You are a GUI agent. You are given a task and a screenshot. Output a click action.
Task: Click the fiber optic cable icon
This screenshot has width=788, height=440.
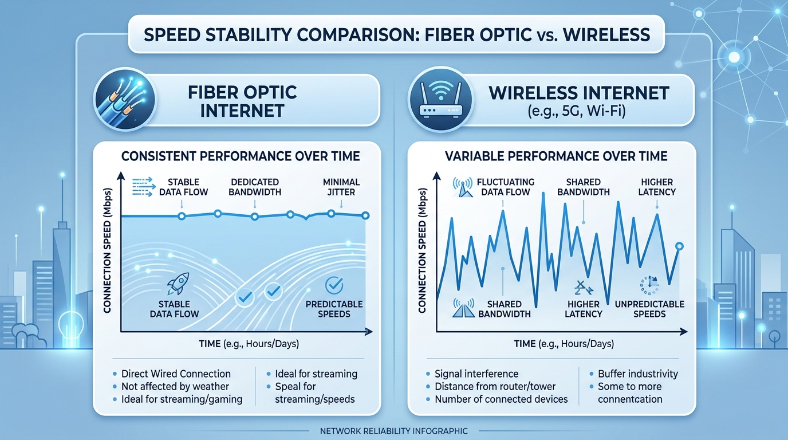coord(124,100)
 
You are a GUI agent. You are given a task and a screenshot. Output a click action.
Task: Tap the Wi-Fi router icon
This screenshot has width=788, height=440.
coord(439,100)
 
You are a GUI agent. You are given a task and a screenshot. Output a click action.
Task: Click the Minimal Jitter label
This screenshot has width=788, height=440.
coord(341,187)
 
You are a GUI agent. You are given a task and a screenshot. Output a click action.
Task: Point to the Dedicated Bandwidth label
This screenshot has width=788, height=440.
coord(255,187)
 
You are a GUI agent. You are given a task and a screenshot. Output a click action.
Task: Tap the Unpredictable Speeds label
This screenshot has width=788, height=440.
coord(649,309)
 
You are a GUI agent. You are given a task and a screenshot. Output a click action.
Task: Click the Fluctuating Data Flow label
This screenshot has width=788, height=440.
coord(505,187)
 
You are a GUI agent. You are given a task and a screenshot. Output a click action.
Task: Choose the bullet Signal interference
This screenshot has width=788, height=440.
coord(476,374)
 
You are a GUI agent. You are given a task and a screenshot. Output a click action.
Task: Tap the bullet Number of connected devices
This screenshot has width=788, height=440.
coord(501,399)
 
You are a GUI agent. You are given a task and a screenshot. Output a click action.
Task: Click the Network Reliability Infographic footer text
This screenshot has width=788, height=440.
coord(393,431)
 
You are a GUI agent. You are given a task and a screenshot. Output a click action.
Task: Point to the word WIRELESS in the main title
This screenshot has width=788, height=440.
coord(606,34)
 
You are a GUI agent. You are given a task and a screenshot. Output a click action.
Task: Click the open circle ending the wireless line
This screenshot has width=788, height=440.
coord(679,246)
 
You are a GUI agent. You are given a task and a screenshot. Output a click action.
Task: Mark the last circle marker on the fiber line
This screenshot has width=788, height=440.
coord(366,215)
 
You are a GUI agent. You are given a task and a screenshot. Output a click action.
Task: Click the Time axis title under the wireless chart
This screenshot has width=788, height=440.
coord(564,344)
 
